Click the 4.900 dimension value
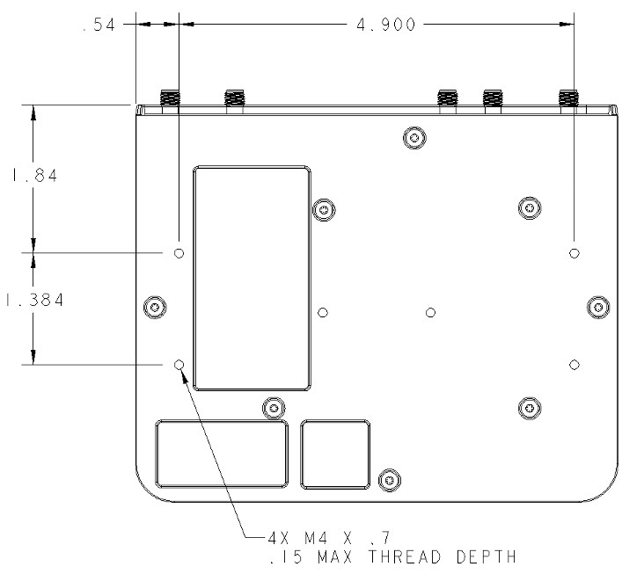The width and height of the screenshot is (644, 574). click(x=385, y=25)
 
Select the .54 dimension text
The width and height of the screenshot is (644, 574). click(x=99, y=25)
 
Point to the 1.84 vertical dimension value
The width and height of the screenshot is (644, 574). click(x=34, y=176)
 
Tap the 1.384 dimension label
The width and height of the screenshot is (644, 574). click(x=35, y=300)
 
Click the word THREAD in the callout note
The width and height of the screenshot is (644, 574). click(x=405, y=556)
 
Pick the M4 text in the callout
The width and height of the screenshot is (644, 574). click(x=316, y=537)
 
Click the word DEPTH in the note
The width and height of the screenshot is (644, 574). click(x=487, y=556)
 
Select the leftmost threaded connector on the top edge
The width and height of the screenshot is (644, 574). click(x=170, y=101)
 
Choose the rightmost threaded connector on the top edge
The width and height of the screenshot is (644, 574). click(x=569, y=101)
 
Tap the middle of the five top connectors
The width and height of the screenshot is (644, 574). click(x=448, y=101)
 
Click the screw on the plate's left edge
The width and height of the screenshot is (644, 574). click(x=155, y=307)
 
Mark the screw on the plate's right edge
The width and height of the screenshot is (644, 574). click(x=598, y=307)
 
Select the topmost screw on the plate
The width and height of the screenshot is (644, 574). click(x=414, y=138)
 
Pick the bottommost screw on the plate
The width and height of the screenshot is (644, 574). click(x=390, y=480)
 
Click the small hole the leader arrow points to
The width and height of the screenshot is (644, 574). click(x=179, y=364)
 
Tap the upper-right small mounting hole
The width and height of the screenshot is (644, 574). click(x=574, y=253)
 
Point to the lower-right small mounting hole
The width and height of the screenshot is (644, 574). click(x=574, y=364)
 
